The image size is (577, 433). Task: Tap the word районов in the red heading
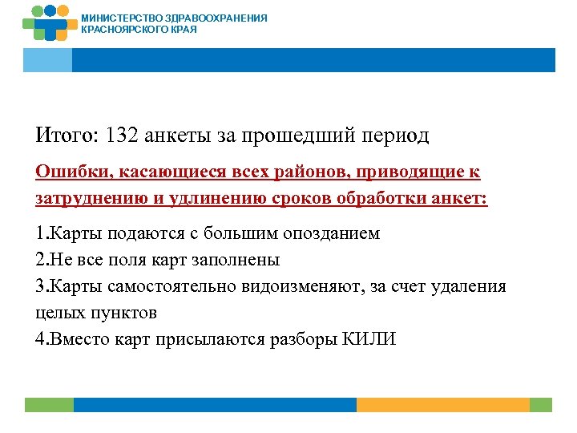pos(297,173)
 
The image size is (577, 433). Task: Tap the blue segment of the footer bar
pos(215,405)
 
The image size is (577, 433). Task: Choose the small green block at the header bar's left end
pos(47,60)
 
